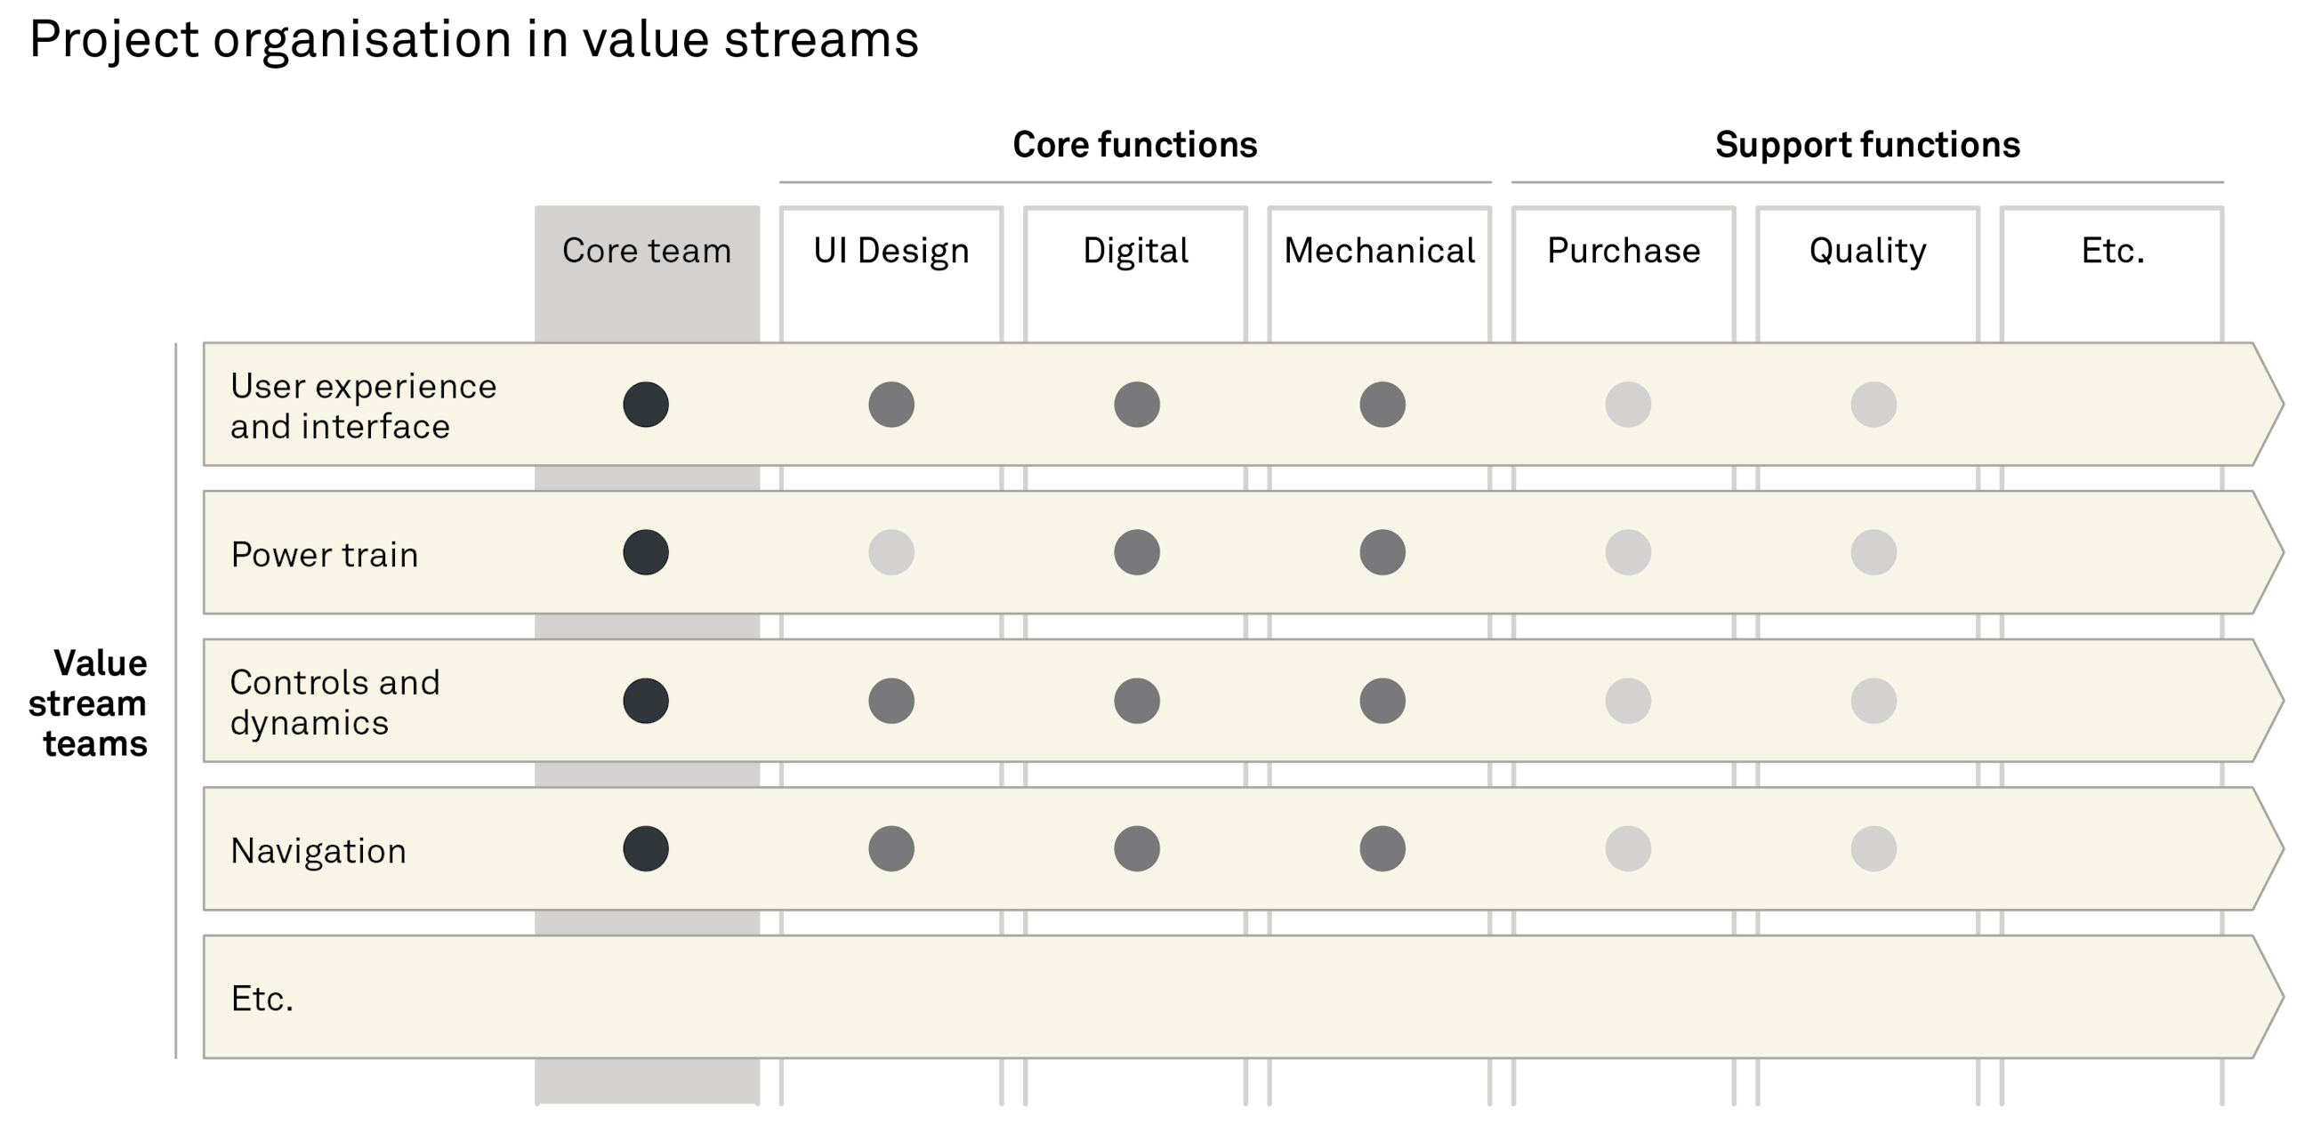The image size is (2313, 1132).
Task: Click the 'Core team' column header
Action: [647, 251]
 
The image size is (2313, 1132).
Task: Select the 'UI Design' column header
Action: [891, 251]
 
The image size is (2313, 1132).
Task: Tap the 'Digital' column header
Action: [1136, 251]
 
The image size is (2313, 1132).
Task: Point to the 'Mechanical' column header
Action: [1380, 251]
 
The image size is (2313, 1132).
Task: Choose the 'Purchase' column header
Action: [1624, 251]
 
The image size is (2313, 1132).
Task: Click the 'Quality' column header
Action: [1867, 251]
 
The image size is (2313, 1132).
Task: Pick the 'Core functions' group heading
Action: [1135, 146]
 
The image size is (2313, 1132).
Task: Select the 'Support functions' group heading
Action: [1867, 146]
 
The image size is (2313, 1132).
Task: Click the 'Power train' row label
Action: [324, 555]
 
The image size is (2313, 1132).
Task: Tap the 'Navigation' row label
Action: [318, 851]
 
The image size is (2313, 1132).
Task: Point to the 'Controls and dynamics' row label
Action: [334, 702]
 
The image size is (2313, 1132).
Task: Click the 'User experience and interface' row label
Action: [363, 405]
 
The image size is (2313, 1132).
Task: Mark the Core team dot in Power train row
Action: [646, 552]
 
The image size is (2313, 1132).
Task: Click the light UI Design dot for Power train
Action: [891, 552]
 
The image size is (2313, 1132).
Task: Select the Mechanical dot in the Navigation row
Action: [1382, 848]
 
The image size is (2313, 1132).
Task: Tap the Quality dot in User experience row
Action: [1873, 404]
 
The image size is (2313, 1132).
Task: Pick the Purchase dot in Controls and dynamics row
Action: [1628, 700]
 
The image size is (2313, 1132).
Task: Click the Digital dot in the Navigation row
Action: [1137, 848]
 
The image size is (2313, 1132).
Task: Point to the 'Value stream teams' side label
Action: [90, 702]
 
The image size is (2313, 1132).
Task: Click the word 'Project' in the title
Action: [114, 41]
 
